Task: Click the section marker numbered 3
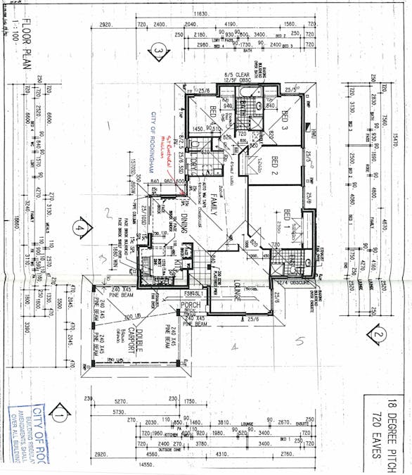tap(160, 52)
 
